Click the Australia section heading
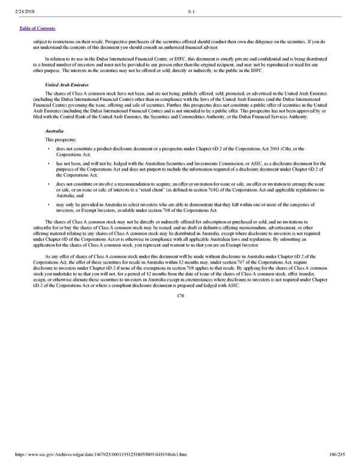point(55,130)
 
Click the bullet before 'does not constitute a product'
point(47,148)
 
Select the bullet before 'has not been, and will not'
point(47,163)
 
